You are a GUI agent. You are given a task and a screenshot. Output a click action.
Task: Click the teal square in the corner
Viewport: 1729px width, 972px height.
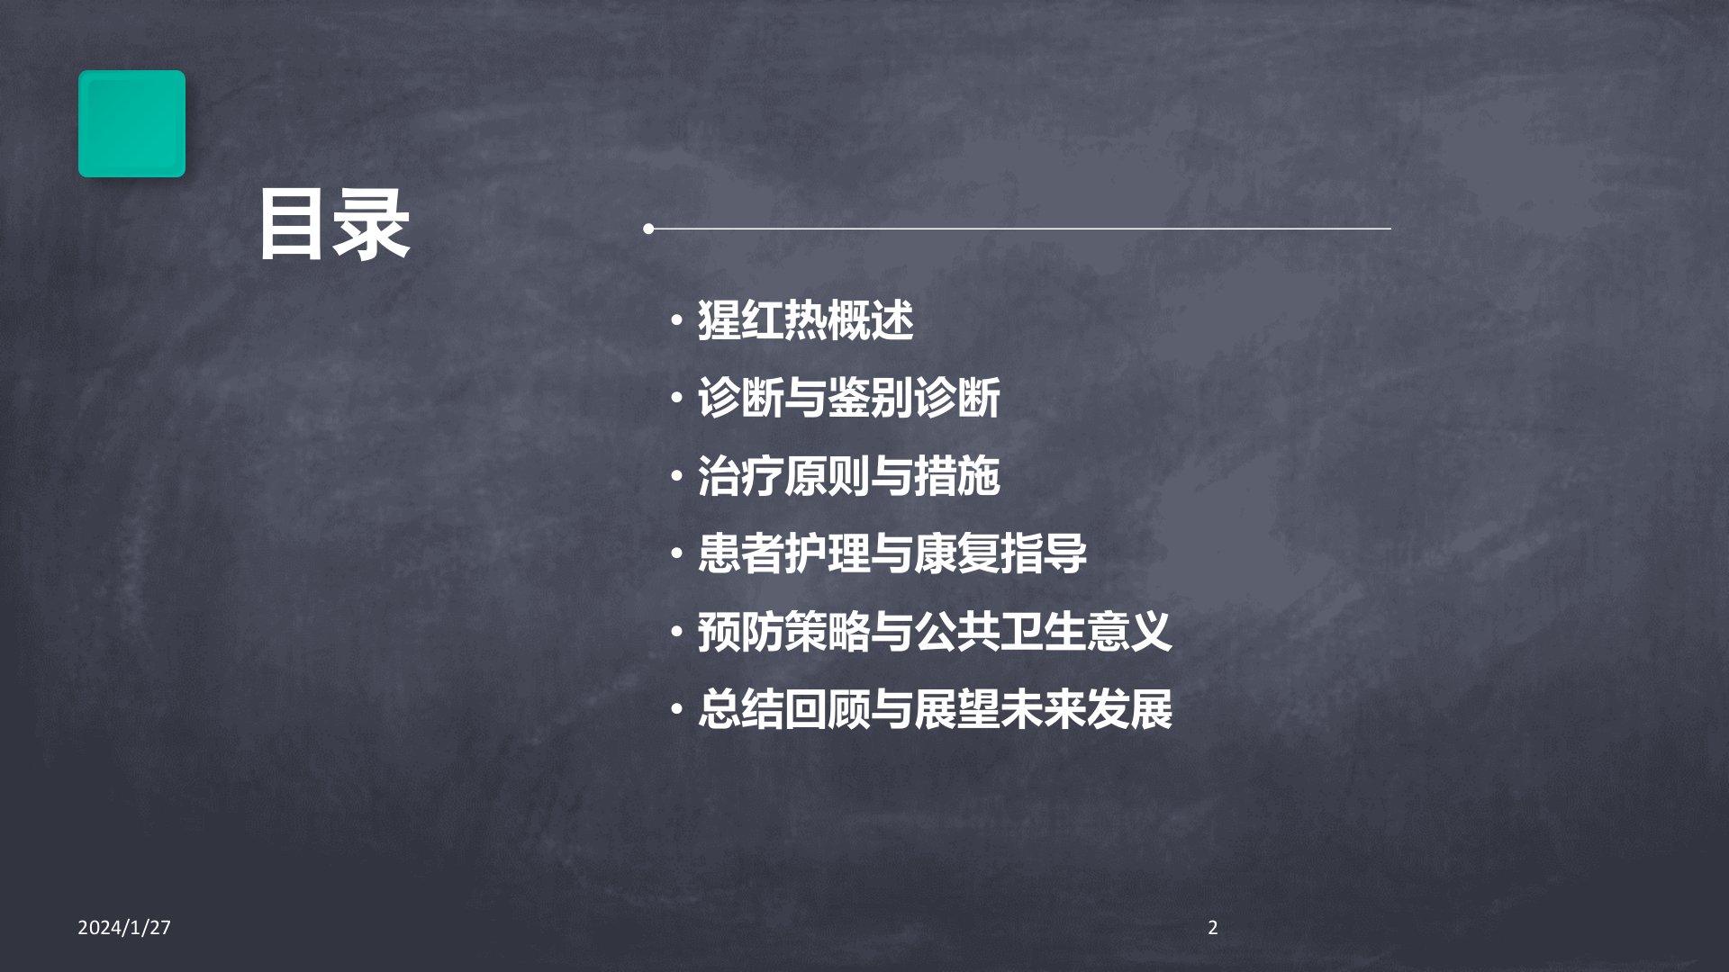coord(131,123)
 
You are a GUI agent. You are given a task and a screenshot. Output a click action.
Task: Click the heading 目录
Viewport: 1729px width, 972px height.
coord(335,225)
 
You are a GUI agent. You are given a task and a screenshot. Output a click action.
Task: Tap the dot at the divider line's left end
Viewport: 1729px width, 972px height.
coord(648,229)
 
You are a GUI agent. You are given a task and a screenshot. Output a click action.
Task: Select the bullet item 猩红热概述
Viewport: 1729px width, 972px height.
coord(805,320)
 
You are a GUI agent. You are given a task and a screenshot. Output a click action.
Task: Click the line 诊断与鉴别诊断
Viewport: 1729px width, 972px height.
coord(848,398)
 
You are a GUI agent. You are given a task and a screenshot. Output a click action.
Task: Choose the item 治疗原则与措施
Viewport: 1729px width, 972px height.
coord(848,476)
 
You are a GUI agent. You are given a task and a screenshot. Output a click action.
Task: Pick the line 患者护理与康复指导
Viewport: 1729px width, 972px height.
coord(892,553)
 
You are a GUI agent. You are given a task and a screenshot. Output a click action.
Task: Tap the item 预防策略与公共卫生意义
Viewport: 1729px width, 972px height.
coord(935,632)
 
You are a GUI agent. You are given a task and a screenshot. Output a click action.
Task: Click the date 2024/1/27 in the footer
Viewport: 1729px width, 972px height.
coord(124,928)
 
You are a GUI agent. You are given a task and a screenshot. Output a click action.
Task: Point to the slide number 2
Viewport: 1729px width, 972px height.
coord(1213,928)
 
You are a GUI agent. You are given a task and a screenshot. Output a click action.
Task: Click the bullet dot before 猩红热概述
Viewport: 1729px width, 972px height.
coord(676,320)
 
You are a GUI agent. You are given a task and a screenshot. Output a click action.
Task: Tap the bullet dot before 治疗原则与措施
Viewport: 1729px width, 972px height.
coord(676,476)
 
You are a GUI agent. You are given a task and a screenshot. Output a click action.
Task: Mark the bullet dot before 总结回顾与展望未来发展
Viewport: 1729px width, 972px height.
coord(676,710)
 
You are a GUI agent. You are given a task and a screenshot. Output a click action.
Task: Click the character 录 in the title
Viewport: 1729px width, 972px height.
coord(373,225)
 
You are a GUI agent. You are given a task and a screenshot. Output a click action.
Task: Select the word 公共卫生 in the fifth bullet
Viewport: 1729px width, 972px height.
coord(1000,632)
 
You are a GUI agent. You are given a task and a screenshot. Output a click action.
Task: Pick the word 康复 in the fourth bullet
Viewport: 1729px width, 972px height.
coord(956,553)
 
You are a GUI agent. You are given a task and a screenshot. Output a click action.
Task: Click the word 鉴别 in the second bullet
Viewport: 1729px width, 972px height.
coord(870,398)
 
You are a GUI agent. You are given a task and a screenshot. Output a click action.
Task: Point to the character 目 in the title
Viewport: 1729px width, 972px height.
coord(295,225)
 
